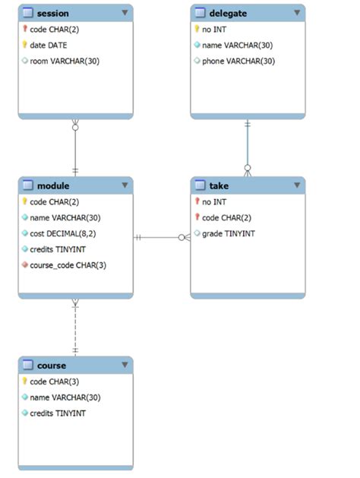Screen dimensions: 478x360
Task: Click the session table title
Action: (x=52, y=13)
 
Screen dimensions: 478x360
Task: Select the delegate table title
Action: (x=228, y=13)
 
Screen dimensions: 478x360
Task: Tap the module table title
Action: (x=53, y=185)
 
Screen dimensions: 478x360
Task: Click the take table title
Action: (x=219, y=185)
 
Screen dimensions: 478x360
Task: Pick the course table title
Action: (x=52, y=365)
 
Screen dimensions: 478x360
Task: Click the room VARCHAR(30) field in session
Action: (x=65, y=61)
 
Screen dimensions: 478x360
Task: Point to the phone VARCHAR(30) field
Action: (x=238, y=61)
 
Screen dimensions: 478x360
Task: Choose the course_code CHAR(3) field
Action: (x=68, y=265)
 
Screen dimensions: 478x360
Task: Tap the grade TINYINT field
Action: (x=229, y=233)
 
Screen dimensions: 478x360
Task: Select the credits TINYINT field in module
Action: (x=58, y=249)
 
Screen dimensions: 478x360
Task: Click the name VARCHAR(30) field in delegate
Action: (x=238, y=45)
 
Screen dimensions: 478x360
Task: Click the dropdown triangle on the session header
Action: (x=125, y=13)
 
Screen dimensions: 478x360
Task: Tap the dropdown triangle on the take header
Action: (x=296, y=185)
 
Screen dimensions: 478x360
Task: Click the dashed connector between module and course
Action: (x=75, y=327)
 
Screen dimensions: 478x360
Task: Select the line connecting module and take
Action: (x=161, y=238)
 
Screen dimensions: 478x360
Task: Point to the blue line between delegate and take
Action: (x=247, y=144)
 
